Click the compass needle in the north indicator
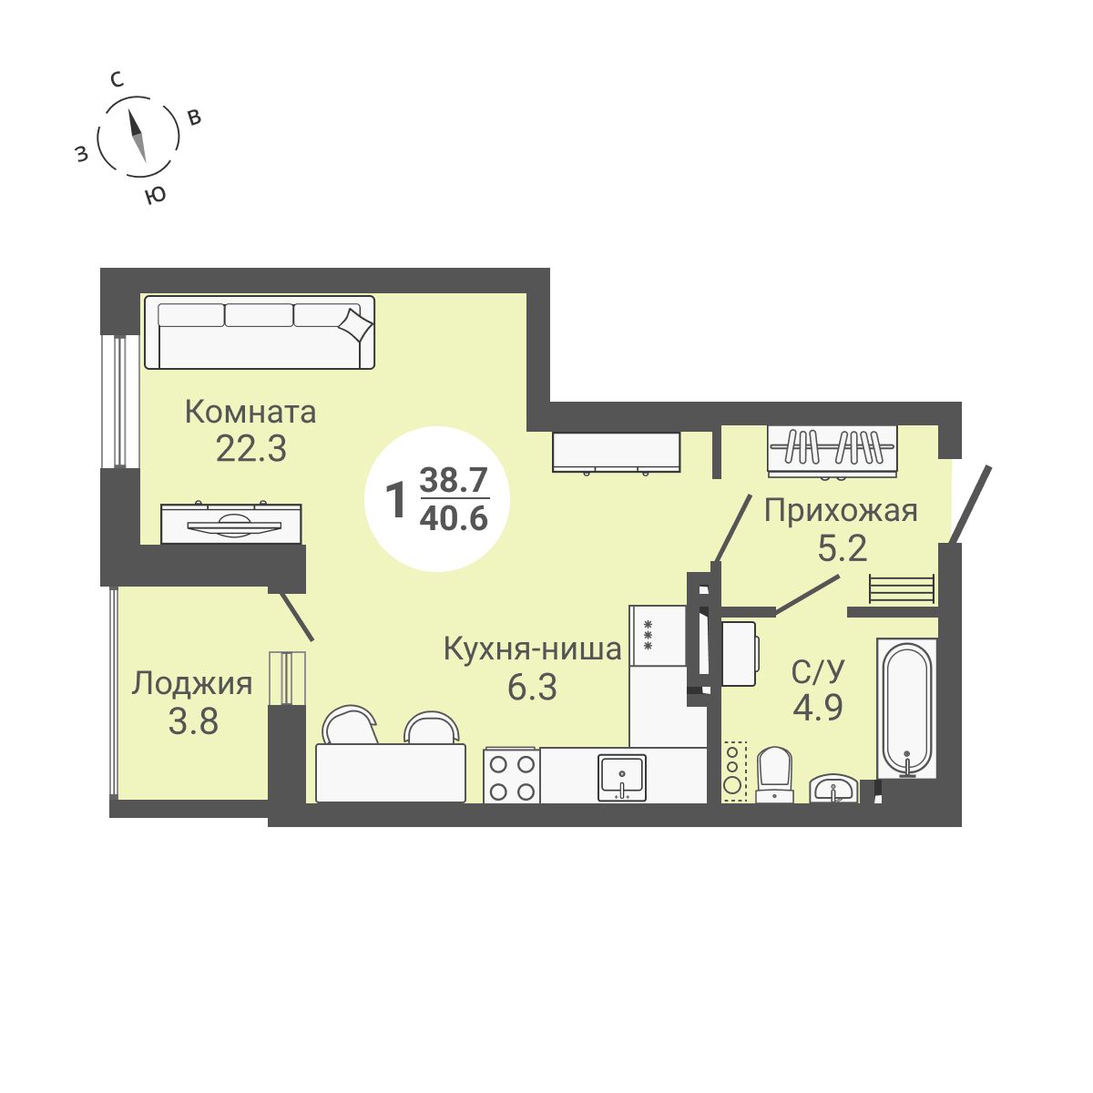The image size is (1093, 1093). point(138,136)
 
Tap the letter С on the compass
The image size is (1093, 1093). point(117,79)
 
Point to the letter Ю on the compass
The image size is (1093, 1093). point(156,195)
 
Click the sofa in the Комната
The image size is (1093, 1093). point(260,332)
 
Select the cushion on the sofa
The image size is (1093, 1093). point(355,324)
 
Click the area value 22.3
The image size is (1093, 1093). point(250,448)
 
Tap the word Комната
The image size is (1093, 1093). point(250,412)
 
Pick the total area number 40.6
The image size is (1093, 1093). point(454,518)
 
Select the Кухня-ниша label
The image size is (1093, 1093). point(532,649)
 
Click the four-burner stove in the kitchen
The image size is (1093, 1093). point(511,776)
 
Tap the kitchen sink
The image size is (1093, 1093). point(622,778)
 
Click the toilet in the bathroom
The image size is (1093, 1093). point(775,774)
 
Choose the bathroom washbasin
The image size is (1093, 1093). point(833,789)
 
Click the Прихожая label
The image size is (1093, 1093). point(840,511)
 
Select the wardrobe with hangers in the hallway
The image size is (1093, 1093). point(833,449)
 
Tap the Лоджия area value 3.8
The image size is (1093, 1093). point(193,721)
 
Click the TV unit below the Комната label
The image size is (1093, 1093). point(231,524)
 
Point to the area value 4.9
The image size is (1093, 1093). point(817,706)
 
